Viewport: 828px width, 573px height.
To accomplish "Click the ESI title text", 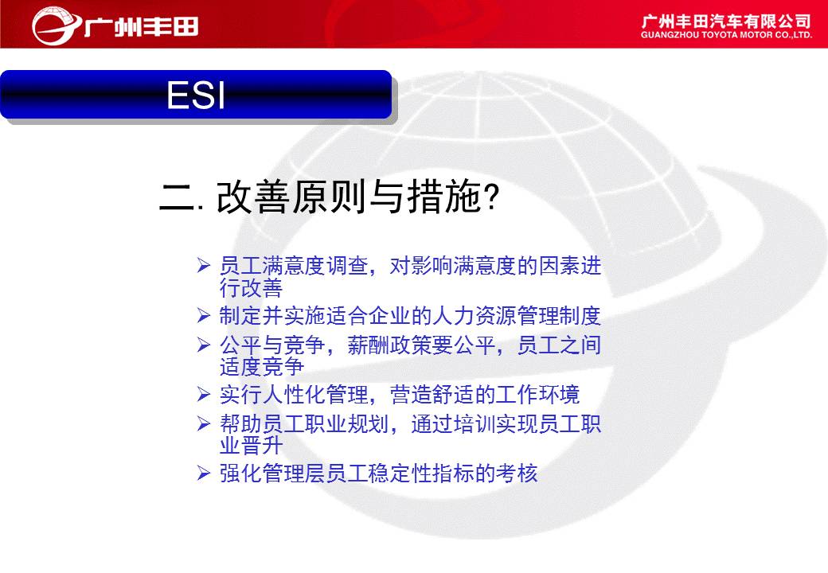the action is pos(196,95).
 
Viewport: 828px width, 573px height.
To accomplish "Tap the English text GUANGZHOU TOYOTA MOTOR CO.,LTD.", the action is pos(726,35).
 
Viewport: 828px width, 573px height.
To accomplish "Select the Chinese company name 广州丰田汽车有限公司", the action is pos(726,21).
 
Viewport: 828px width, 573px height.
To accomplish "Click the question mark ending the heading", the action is pos(491,197).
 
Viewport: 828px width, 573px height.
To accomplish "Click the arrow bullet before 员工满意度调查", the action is pos(204,265).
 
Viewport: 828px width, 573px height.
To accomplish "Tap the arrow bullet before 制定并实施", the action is pos(204,315).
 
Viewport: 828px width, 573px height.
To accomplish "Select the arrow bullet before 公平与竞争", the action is pos(204,345).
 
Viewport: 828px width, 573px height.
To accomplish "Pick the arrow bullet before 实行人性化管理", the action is pos(204,394).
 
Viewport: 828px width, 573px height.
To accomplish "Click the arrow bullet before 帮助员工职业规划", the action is pos(204,423).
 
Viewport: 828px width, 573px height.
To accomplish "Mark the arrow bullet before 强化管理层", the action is pos(204,473).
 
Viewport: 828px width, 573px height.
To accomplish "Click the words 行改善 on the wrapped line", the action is pos(252,288).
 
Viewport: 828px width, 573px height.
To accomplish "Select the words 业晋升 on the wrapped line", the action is pos(252,446).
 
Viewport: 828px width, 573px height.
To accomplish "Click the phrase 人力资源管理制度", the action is pos(517,315).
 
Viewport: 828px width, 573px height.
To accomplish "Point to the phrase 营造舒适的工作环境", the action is pos(485,395).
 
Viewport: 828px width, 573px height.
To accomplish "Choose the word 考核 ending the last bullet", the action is pos(517,474).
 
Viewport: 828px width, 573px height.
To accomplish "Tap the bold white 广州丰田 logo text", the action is pos(142,26).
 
